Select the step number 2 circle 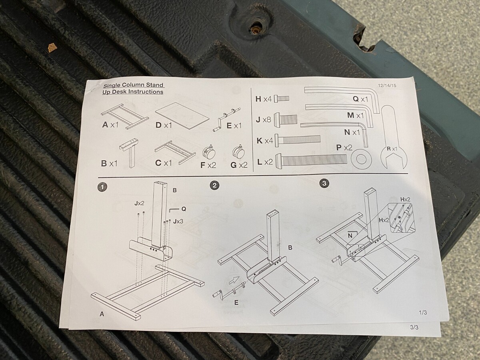(x=215, y=185)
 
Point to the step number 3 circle (x=324, y=184)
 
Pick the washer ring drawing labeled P (x=361, y=159)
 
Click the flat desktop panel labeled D (x=182, y=113)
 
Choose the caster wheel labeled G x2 (x=239, y=152)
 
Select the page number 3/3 (x=414, y=327)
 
